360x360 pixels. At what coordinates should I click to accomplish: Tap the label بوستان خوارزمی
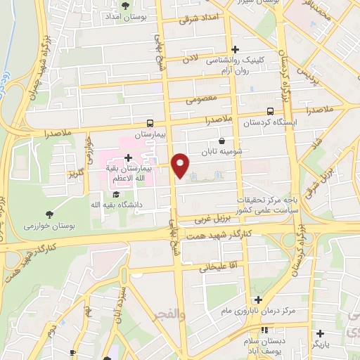click(x=49, y=225)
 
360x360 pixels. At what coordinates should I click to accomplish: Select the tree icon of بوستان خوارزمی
click(x=49, y=213)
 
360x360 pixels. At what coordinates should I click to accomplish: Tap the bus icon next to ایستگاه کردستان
click(x=271, y=110)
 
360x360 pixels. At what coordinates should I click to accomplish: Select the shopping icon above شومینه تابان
click(x=222, y=140)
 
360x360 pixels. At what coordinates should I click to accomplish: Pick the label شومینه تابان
click(x=221, y=151)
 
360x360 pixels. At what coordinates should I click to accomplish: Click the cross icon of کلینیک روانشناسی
click(x=235, y=49)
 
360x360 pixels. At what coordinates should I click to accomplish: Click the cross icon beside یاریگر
click(x=321, y=333)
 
